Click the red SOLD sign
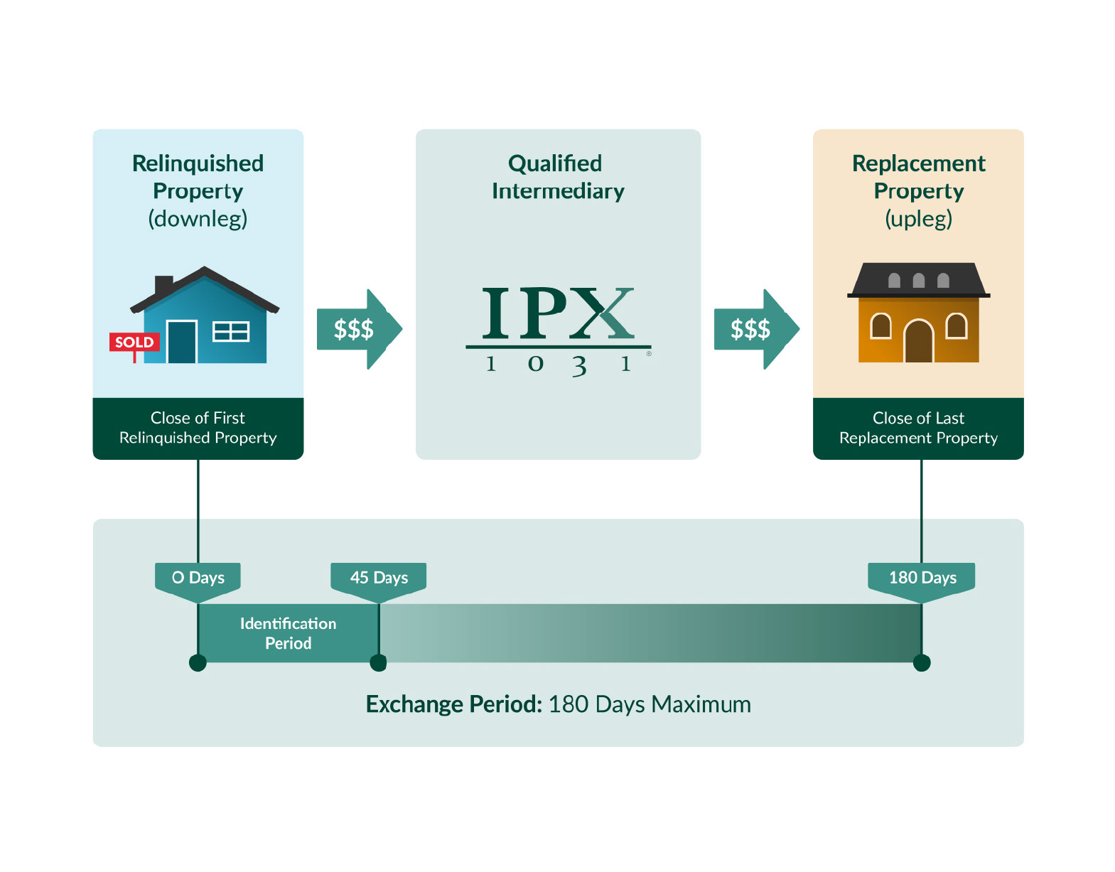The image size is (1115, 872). click(x=134, y=342)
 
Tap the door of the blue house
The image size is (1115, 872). click(x=181, y=342)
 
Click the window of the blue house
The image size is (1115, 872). click(x=231, y=331)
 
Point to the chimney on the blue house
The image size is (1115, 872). click(x=163, y=284)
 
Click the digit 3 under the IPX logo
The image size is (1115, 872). click(x=580, y=365)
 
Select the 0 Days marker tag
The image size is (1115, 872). click(x=198, y=578)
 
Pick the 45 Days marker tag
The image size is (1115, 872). click(x=379, y=578)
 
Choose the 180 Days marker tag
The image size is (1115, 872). click(x=922, y=578)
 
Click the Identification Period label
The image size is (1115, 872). click(x=288, y=633)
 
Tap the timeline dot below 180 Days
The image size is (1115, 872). click(x=922, y=663)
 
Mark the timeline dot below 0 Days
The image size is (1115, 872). click(x=198, y=663)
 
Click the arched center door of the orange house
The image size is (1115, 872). click(x=918, y=342)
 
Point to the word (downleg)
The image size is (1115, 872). click(x=198, y=218)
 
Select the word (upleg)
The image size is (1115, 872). click(x=918, y=218)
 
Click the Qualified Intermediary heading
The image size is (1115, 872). click(x=557, y=177)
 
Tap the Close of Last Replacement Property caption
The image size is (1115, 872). click(x=918, y=428)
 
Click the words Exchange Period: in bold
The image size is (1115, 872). click(x=454, y=704)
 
